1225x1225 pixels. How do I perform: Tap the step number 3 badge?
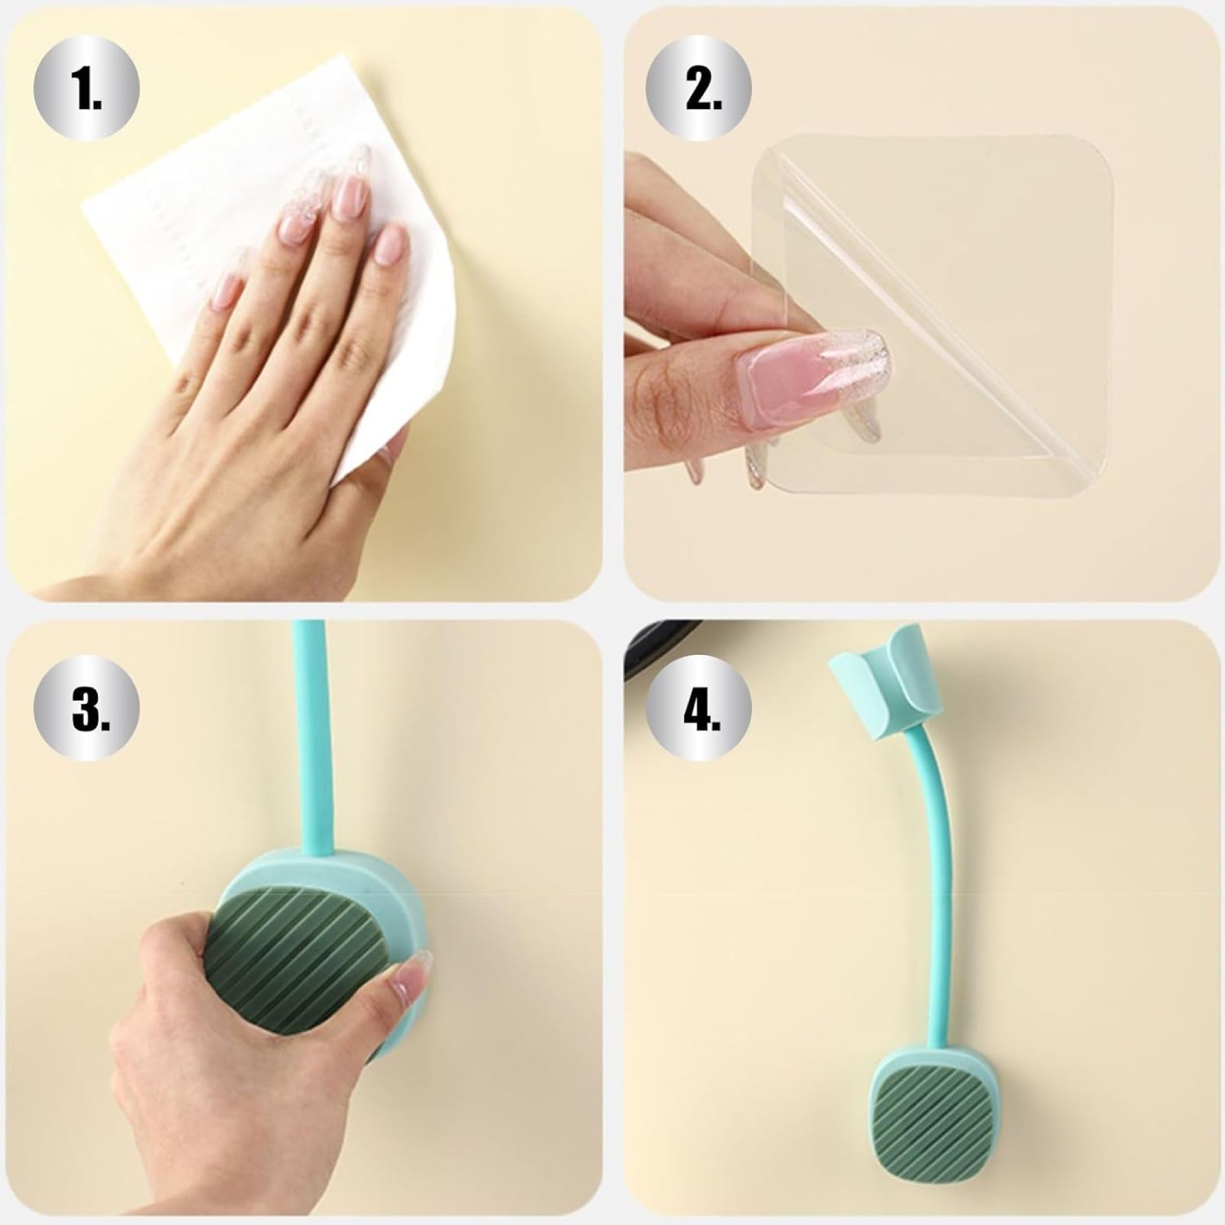click(87, 709)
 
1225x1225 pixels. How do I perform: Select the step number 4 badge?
click(699, 709)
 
